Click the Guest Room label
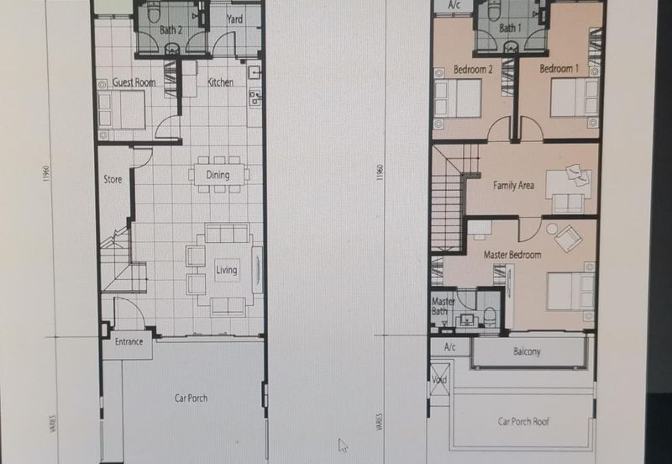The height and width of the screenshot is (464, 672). (x=134, y=82)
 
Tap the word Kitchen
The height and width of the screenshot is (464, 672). (x=220, y=82)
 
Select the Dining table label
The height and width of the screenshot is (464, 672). (x=218, y=175)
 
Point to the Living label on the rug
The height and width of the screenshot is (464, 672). (x=226, y=270)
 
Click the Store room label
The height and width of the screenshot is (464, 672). (x=113, y=179)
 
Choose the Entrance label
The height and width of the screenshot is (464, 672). (x=129, y=342)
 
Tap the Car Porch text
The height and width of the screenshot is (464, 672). (x=191, y=398)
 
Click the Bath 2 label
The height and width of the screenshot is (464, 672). (x=171, y=29)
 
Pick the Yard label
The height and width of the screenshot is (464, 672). (x=234, y=18)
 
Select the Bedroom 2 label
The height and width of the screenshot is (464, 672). (x=473, y=70)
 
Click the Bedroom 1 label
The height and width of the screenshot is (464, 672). (x=559, y=69)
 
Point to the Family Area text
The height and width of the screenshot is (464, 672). (x=513, y=185)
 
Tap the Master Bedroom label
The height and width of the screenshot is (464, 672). (x=512, y=255)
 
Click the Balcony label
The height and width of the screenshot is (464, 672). (x=527, y=351)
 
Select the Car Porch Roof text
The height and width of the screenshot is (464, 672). (x=523, y=421)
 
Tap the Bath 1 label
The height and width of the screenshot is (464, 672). (x=510, y=29)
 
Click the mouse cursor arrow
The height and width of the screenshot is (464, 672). (x=343, y=446)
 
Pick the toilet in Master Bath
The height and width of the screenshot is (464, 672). (x=490, y=315)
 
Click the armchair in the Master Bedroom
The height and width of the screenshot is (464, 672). (x=568, y=238)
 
